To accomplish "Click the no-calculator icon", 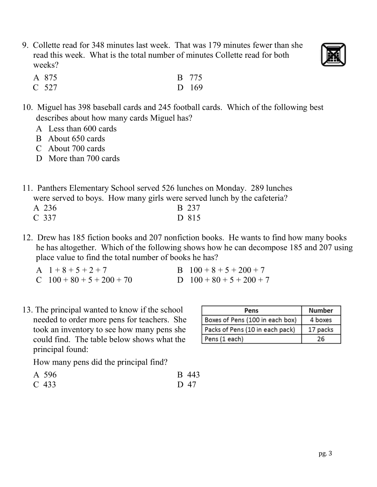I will tap(333, 55).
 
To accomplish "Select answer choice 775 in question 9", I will tap(195, 78).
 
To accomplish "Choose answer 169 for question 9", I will tap(196, 88).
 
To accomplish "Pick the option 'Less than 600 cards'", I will tap(82, 129).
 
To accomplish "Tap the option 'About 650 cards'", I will tap(76, 139).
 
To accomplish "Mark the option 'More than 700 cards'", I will tap(84, 158).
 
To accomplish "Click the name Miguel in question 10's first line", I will tap(50, 107).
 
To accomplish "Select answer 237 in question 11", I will tap(193, 208).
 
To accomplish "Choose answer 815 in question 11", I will tap(194, 218).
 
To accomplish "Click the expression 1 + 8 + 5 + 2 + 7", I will tap(77, 270).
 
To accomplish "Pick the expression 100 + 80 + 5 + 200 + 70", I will tap(90, 280).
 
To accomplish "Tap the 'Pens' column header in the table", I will tap(251, 311).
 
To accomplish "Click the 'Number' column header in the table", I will tap(321, 311).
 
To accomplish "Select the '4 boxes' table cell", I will tap(321, 320).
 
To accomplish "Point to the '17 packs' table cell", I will tap(321, 330).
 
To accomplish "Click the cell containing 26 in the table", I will tap(321, 339).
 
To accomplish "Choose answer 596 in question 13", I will tap(50, 375).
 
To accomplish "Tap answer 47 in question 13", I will tap(191, 385).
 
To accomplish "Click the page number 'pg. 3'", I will tap(325, 454).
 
